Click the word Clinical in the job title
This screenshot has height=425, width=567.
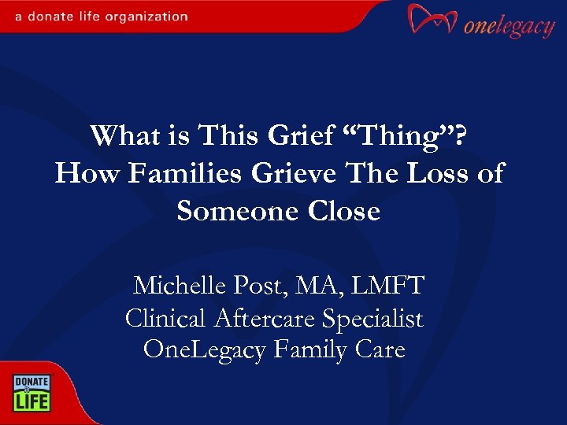tap(164, 319)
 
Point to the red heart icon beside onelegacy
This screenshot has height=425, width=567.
tap(432, 20)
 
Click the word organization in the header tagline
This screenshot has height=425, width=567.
tap(150, 16)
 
